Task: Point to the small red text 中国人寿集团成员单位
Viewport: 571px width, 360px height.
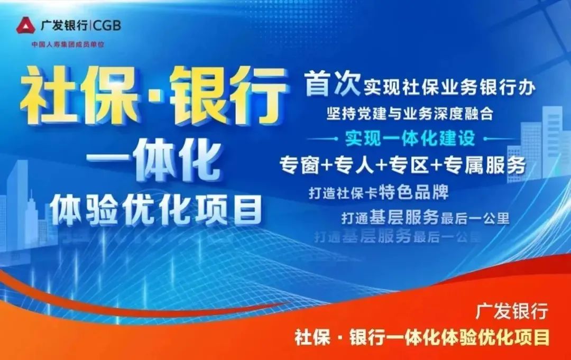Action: tap(68, 45)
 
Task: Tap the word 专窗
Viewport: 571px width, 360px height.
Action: tap(299, 166)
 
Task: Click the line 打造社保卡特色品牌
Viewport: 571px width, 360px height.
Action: tap(379, 192)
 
